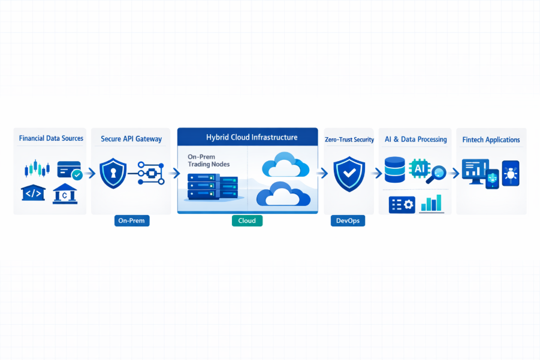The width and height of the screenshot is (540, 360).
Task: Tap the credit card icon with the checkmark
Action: tap(70, 170)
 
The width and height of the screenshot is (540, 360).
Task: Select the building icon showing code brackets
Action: tap(33, 193)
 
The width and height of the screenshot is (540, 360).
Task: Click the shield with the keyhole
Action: tap(112, 173)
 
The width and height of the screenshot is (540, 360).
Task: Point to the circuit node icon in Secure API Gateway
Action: tap(150, 173)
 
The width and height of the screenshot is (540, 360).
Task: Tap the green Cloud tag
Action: tap(247, 220)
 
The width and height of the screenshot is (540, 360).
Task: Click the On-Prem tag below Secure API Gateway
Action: tap(132, 220)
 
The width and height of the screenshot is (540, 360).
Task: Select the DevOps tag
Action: tap(348, 220)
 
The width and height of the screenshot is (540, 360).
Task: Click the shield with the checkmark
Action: tap(348, 173)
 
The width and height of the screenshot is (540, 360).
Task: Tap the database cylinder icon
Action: tap(395, 170)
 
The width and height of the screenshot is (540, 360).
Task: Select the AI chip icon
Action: tap(418, 170)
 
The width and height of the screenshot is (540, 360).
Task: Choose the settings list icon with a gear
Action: tap(402, 204)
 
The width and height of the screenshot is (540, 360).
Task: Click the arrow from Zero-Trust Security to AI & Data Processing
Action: tap(377, 173)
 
